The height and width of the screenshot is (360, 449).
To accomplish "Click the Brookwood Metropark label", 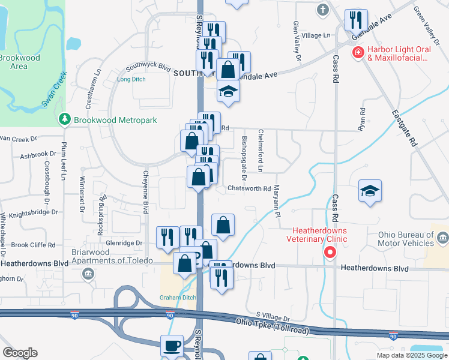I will click(115, 120).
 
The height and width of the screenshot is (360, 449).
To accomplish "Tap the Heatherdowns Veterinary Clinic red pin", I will click(330, 253).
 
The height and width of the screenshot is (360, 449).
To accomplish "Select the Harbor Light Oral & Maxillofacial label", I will click(398, 54).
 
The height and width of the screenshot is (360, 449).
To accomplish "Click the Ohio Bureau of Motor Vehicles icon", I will click(443, 238).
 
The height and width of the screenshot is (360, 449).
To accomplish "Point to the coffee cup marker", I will click(172, 346).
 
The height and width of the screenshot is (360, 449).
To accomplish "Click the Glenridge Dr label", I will click(125, 243).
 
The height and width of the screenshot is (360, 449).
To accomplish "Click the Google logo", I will click(20, 353).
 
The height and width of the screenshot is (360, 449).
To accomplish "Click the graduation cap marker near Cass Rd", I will click(369, 191).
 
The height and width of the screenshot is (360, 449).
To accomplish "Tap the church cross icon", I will click(323, 10).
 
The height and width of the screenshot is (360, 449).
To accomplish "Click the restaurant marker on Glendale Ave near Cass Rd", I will click(356, 20).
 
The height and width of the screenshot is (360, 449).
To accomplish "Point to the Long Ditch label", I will click(131, 79).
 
